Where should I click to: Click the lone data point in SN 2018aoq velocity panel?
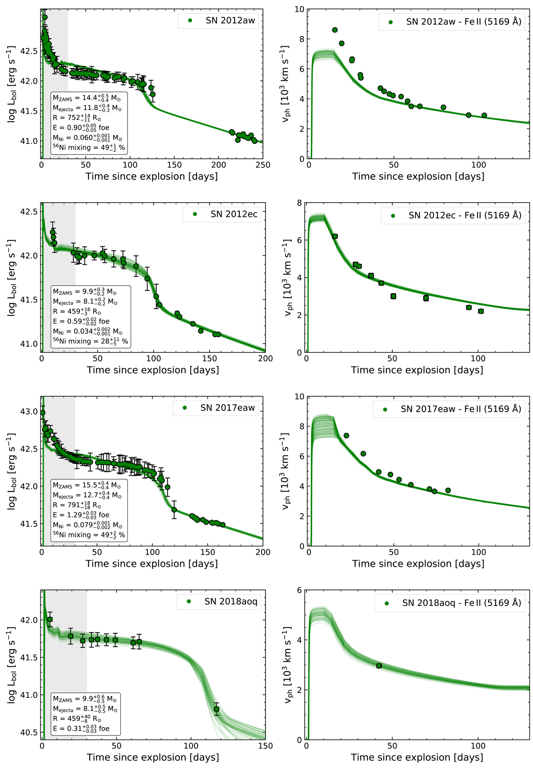tap(379, 666)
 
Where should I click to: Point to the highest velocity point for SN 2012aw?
tap(335, 30)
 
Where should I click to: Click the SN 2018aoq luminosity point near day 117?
tap(216, 709)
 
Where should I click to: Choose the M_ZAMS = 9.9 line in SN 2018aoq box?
tap(85, 699)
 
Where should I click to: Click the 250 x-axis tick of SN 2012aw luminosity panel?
tap(263, 165)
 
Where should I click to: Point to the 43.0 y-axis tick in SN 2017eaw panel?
tap(30, 412)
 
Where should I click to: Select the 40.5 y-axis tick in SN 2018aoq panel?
tap(30, 732)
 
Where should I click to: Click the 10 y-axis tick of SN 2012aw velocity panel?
tap(300, 9)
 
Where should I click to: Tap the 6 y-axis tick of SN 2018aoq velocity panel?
tap(299, 590)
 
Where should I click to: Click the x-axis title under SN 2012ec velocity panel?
tap(417, 370)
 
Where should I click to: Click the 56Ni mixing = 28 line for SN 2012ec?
tap(91, 341)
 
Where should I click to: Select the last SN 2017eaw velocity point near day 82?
tap(448, 490)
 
